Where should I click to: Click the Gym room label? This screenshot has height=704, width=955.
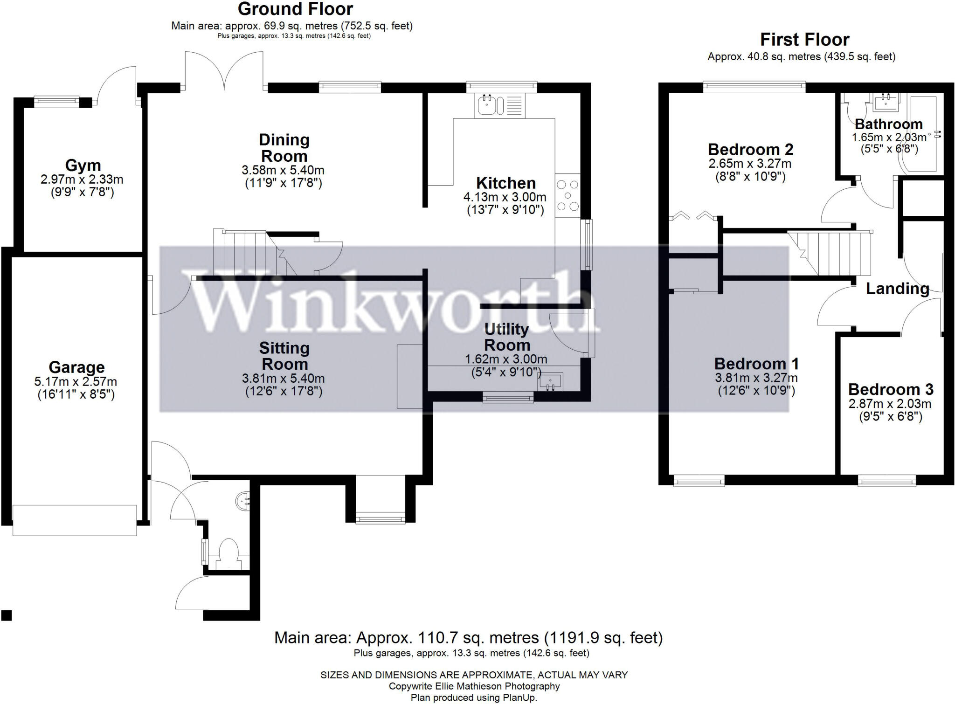tap(83, 165)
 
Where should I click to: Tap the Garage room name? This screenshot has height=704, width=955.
tap(76, 367)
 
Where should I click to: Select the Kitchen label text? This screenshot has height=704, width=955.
tap(505, 183)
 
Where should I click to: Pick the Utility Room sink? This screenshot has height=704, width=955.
tap(551, 381)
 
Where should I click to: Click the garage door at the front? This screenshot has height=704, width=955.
tap(75, 520)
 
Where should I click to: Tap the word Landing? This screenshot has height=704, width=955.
tap(897, 289)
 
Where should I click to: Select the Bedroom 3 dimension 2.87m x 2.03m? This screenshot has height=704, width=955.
tap(890, 404)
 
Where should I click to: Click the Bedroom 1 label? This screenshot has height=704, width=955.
tap(756, 364)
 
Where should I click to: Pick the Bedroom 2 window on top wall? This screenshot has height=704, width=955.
tap(754, 86)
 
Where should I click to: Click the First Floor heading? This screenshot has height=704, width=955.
tap(804, 40)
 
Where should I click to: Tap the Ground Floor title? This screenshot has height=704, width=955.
tap(295, 9)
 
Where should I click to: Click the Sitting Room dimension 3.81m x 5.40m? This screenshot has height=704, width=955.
tap(284, 379)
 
